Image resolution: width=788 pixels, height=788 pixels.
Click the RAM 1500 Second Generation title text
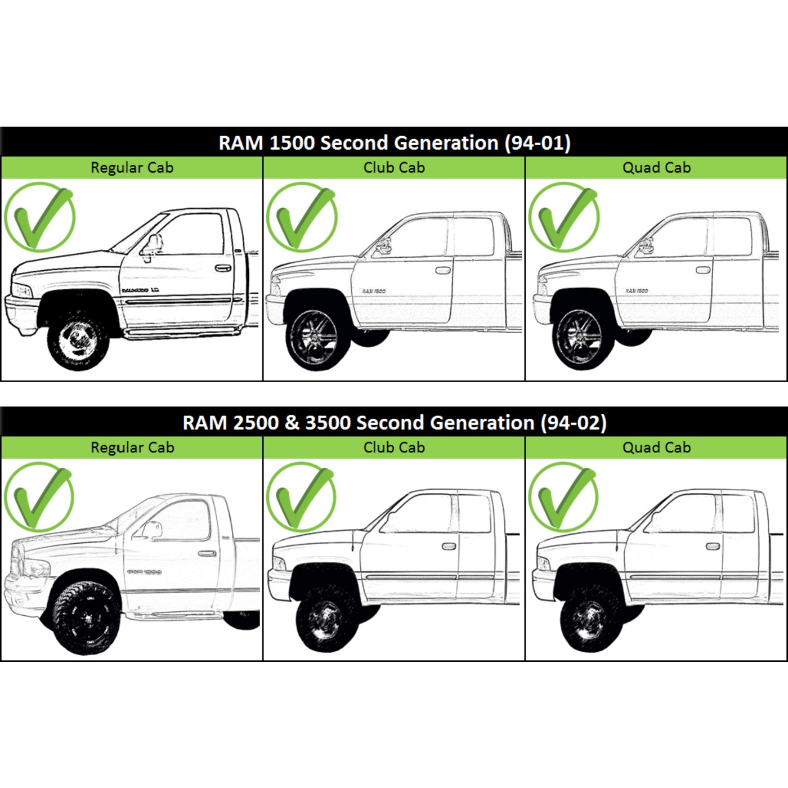(394, 142)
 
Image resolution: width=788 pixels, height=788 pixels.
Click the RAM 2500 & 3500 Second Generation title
(394, 422)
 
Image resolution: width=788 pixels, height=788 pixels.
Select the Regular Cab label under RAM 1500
(132, 168)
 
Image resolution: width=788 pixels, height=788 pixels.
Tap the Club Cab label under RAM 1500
(394, 168)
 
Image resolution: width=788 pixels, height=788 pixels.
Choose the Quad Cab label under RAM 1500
(656, 168)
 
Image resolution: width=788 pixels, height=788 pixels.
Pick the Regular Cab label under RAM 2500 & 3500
(132, 447)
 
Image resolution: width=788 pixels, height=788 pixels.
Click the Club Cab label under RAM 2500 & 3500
(394, 447)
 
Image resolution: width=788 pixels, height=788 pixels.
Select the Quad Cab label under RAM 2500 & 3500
(656, 447)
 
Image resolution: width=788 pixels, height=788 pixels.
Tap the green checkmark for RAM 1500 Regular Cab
(39, 217)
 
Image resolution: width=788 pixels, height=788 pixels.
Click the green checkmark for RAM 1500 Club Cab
(302, 217)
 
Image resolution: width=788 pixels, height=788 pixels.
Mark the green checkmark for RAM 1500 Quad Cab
(564, 217)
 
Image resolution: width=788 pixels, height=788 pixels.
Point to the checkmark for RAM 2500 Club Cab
(302, 497)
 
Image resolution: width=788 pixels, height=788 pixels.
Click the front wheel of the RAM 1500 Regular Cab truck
(78, 341)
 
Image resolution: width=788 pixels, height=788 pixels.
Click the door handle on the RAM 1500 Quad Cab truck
(703, 270)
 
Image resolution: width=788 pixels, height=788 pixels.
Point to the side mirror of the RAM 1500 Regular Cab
(152, 245)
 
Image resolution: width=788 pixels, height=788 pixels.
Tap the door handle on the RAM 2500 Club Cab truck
(449, 546)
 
